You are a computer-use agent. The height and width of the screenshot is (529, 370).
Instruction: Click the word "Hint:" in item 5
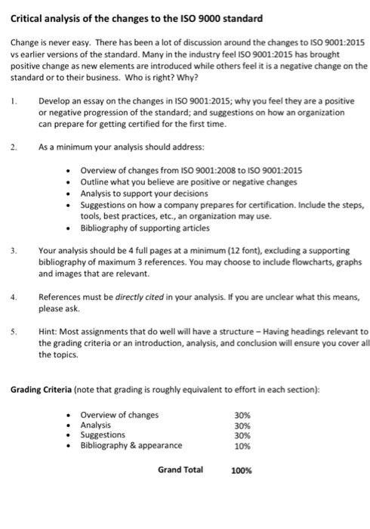pos(51,332)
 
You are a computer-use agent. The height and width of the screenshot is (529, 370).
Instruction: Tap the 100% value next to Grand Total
pos(241,470)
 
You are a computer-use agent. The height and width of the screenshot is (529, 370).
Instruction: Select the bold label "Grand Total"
pos(180,469)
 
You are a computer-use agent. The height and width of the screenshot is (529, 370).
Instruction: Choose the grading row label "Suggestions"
pos(103,435)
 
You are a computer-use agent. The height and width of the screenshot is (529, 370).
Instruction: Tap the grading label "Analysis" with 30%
pos(98,425)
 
